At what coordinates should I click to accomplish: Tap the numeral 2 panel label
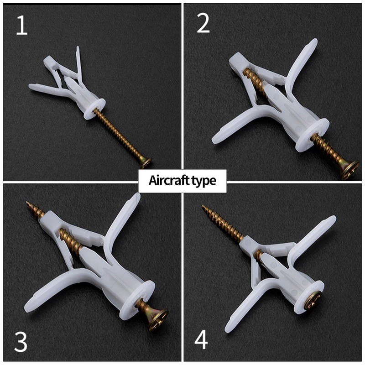pyautogui.click(x=203, y=23)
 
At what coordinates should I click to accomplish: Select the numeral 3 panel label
pyautogui.click(x=21, y=342)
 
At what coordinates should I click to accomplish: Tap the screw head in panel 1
pyautogui.click(x=146, y=163)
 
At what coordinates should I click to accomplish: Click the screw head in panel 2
pyautogui.click(x=350, y=170)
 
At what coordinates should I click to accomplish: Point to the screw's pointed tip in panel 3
pyautogui.click(x=27, y=203)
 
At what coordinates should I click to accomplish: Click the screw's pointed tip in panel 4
pyautogui.click(x=203, y=206)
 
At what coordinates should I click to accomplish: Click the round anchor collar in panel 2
pyautogui.click(x=313, y=135)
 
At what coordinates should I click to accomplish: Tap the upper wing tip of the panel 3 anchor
pyautogui.click(x=136, y=196)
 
